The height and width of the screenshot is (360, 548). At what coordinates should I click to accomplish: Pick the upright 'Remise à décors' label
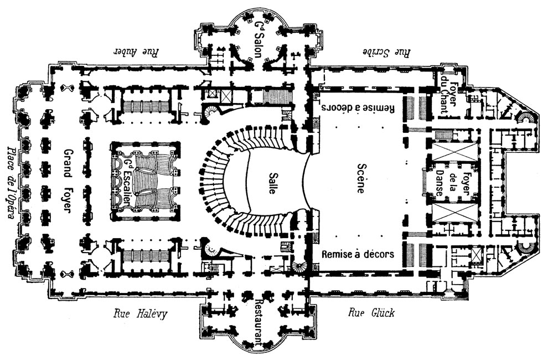tap(358, 255)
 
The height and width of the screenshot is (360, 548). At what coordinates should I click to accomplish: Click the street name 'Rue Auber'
tap(136, 53)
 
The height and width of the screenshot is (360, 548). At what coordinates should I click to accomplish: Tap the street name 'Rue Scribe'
tap(387, 53)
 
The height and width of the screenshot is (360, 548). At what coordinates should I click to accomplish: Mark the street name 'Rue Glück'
tap(371, 313)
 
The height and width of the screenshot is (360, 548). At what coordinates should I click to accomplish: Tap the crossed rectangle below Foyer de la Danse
tap(454, 213)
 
